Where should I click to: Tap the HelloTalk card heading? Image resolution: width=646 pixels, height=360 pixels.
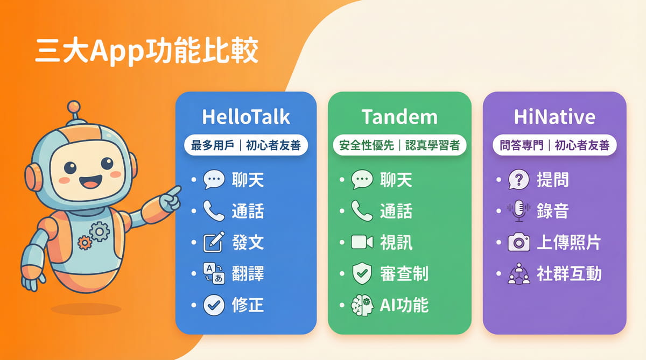[246, 117]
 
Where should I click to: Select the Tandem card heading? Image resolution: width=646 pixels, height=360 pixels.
[399, 117]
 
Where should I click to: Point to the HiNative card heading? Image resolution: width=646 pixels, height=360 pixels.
[554, 117]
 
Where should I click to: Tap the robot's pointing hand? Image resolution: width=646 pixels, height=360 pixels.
[172, 199]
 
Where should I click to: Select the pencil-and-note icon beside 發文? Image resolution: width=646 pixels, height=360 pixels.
[213, 242]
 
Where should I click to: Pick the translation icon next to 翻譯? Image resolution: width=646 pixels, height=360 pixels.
[213, 274]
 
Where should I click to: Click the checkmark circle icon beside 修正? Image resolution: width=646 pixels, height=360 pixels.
[213, 306]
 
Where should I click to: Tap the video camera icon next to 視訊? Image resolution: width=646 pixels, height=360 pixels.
[362, 242]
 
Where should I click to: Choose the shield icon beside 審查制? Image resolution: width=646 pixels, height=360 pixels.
[362, 273]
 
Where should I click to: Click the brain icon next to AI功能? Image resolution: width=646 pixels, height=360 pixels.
[362, 305]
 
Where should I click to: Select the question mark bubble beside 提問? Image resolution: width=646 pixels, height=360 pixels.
[518, 180]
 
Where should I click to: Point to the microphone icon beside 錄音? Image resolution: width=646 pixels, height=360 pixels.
[518, 211]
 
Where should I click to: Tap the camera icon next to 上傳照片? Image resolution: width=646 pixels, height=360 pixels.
[518, 243]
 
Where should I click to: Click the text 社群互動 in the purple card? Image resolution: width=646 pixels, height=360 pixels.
[569, 274]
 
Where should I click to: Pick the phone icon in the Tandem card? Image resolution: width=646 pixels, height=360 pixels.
[362, 211]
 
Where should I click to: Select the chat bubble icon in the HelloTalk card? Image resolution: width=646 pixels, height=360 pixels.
[213, 180]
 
